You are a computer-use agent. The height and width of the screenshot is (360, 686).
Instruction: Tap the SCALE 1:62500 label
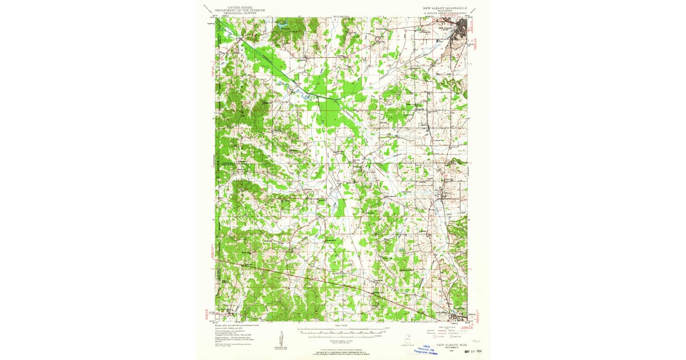pos(340,325)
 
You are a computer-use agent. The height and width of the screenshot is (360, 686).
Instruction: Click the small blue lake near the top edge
pos(282,26)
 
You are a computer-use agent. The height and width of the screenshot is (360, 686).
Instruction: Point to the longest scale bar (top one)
pos(340,330)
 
